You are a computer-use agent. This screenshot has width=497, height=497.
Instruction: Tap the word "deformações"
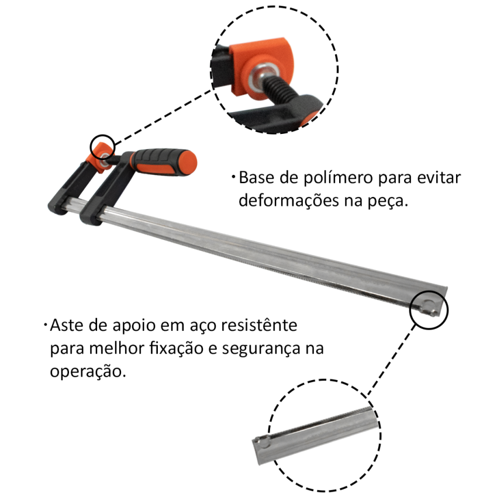286,201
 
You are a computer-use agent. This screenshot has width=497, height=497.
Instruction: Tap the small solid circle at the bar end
429,305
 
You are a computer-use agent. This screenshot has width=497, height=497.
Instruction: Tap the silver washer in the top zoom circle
257,76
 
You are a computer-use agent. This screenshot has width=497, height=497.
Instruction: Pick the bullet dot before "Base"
233,177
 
